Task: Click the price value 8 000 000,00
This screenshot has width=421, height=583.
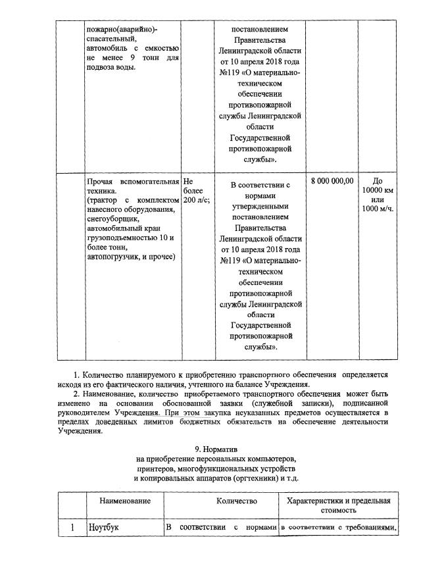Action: point(332,181)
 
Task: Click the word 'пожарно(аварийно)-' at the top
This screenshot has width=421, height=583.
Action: point(122,29)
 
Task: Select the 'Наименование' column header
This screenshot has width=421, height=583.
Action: point(125,501)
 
